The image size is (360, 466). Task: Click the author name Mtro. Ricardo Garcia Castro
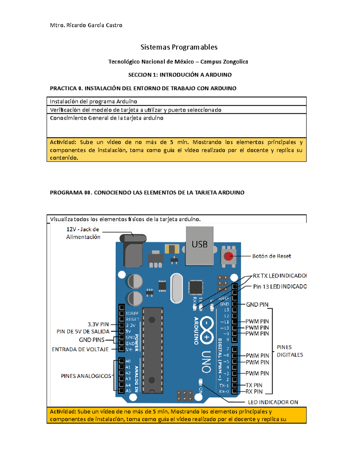[x=86, y=25]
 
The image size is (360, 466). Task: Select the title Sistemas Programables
[x=179, y=47]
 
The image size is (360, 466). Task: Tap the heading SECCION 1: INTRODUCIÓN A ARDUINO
[x=180, y=75]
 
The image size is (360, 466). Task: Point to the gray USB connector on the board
[x=199, y=245]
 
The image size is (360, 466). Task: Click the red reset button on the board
[x=229, y=256]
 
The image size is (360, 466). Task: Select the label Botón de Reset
[x=271, y=256]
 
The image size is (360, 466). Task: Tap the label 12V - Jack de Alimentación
[x=83, y=233]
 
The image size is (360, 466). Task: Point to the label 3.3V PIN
[x=98, y=324]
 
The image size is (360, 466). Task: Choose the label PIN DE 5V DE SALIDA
[x=83, y=332]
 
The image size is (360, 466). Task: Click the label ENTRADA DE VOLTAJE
[x=80, y=349]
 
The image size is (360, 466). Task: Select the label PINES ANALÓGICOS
[x=86, y=376]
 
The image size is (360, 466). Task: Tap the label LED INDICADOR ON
[x=273, y=402]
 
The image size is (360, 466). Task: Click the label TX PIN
[x=254, y=385]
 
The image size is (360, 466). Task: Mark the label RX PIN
[x=254, y=392]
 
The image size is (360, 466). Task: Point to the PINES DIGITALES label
[x=289, y=351]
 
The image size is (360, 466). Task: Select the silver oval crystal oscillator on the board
[x=176, y=288]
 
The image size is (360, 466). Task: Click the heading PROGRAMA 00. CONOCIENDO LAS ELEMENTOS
[x=147, y=193]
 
